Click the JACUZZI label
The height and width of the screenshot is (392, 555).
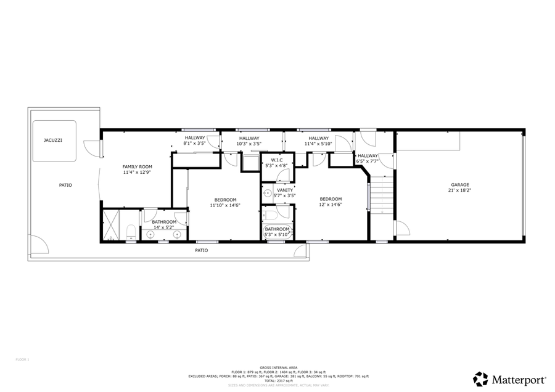52,141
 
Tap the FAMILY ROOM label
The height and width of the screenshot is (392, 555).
137,167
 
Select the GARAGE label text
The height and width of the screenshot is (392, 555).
459,185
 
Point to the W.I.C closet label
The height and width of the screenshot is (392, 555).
277,160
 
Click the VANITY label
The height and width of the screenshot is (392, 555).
285,190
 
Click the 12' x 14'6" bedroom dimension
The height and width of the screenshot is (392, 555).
331,205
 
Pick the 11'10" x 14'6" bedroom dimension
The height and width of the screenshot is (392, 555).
225,205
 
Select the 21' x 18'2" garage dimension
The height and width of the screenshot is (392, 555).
459,190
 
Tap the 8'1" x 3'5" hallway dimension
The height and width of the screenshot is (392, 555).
194,144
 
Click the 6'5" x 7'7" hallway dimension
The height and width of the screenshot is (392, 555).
368,161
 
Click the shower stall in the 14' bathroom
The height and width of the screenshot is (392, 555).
112,226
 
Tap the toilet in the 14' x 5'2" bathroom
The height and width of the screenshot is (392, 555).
131,232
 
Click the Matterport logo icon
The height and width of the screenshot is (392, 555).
480,378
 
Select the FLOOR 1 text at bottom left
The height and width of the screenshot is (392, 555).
22,359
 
